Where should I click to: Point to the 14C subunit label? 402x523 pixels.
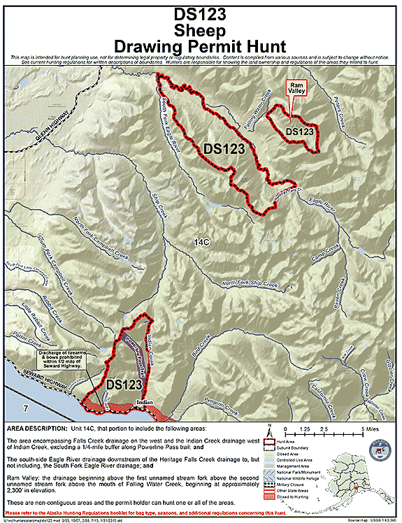click(201, 241)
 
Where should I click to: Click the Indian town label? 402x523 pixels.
click(144, 403)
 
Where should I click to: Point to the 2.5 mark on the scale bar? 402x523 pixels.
click(324, 428)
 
